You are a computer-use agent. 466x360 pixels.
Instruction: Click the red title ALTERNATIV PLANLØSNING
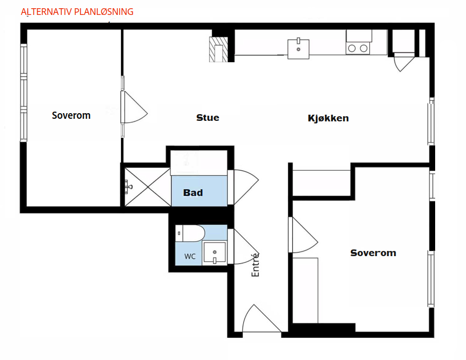point(77,12)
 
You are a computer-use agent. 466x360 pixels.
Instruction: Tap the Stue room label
point(208,118)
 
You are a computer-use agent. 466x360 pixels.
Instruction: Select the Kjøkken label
point(328,118)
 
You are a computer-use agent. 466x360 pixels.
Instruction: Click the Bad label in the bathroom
point(193,193)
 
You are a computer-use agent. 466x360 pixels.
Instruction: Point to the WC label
point(190,256)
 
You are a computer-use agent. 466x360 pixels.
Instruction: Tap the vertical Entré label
point(255,265)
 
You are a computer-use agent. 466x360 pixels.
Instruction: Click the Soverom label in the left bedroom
point(71,115)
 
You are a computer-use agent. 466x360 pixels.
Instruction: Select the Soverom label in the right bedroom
point(373,253)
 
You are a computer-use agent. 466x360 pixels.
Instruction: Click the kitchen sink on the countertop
point(298,49)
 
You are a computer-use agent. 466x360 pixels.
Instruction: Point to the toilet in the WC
point(190,233)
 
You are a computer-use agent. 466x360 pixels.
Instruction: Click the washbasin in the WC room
point(214,253)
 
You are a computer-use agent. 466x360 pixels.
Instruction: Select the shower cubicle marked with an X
point(148,187)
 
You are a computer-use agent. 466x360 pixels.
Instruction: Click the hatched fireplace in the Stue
point(219,49)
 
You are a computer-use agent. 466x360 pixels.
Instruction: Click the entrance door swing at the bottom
point(261,318)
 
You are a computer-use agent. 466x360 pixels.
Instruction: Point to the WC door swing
point(244,246)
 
